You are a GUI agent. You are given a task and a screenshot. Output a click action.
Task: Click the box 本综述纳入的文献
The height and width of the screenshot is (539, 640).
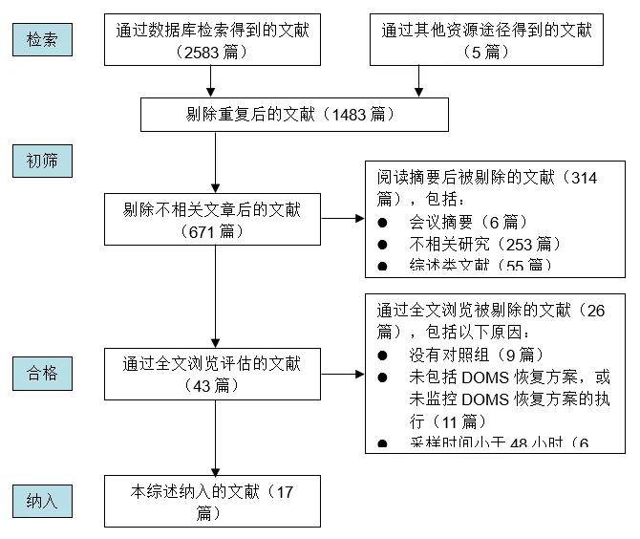coord(213,501)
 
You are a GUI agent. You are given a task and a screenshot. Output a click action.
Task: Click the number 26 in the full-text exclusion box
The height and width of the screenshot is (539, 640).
coord(594,311)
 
